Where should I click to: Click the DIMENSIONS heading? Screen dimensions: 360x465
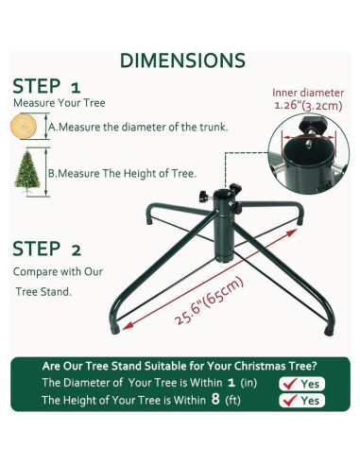tap(182, 60)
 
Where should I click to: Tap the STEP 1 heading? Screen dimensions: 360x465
tap(46, 86)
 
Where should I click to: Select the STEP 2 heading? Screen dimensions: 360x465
tap(47, 249)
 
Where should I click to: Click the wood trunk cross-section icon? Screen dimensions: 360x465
tap(24, 126)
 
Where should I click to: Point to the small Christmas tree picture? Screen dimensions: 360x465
tap(27, 172)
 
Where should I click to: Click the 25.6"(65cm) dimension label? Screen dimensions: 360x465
tap(210, 301)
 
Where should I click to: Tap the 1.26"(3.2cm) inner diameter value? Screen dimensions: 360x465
tap(308, 105)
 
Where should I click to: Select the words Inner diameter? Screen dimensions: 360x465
tap(308, 93)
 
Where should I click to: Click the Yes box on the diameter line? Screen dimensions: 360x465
tap(301, 384)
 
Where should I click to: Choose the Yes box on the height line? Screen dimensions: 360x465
tap(301, 401)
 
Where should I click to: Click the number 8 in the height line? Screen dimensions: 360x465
tap(215, 399)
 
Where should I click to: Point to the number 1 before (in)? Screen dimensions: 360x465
tap(231, 383)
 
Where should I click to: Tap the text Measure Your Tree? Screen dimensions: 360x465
tap(60, 103)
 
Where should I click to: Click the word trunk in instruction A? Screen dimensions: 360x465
tap(213, 128)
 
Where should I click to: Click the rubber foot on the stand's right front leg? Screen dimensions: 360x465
tap(329, 332)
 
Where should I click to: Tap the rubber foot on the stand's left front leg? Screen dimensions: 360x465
tap(115, 330)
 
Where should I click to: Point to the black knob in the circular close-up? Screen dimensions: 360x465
tap(312, 123)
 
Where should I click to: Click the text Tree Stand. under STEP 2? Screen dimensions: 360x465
tap(43, 292)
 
